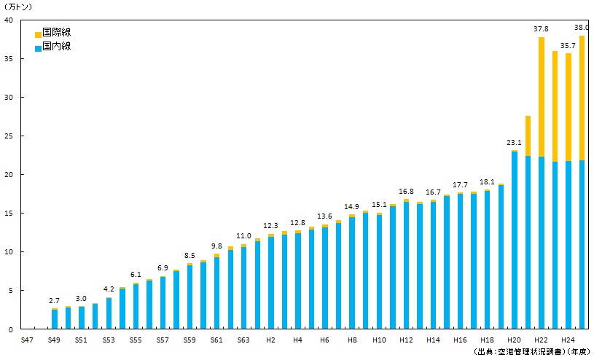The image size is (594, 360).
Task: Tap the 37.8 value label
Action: pos(541,29)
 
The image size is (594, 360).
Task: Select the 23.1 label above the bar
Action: pos(515,144)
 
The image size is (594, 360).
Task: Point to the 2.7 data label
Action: pos(55,300)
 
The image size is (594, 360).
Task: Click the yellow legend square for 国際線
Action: pos(38,34)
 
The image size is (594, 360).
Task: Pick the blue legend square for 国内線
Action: pos(38,47)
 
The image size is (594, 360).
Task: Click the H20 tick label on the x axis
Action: pos(514,340)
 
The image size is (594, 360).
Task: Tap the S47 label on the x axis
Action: pos(27,340)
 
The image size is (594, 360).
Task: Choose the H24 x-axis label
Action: pos(568,340)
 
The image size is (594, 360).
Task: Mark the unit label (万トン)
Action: pos(19,7)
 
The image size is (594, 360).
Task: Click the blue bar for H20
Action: pos(515,240)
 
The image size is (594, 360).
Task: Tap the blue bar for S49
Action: pos(55,320)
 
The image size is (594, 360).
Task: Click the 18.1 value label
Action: pos(487,181)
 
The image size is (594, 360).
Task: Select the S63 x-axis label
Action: pos(243,340)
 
